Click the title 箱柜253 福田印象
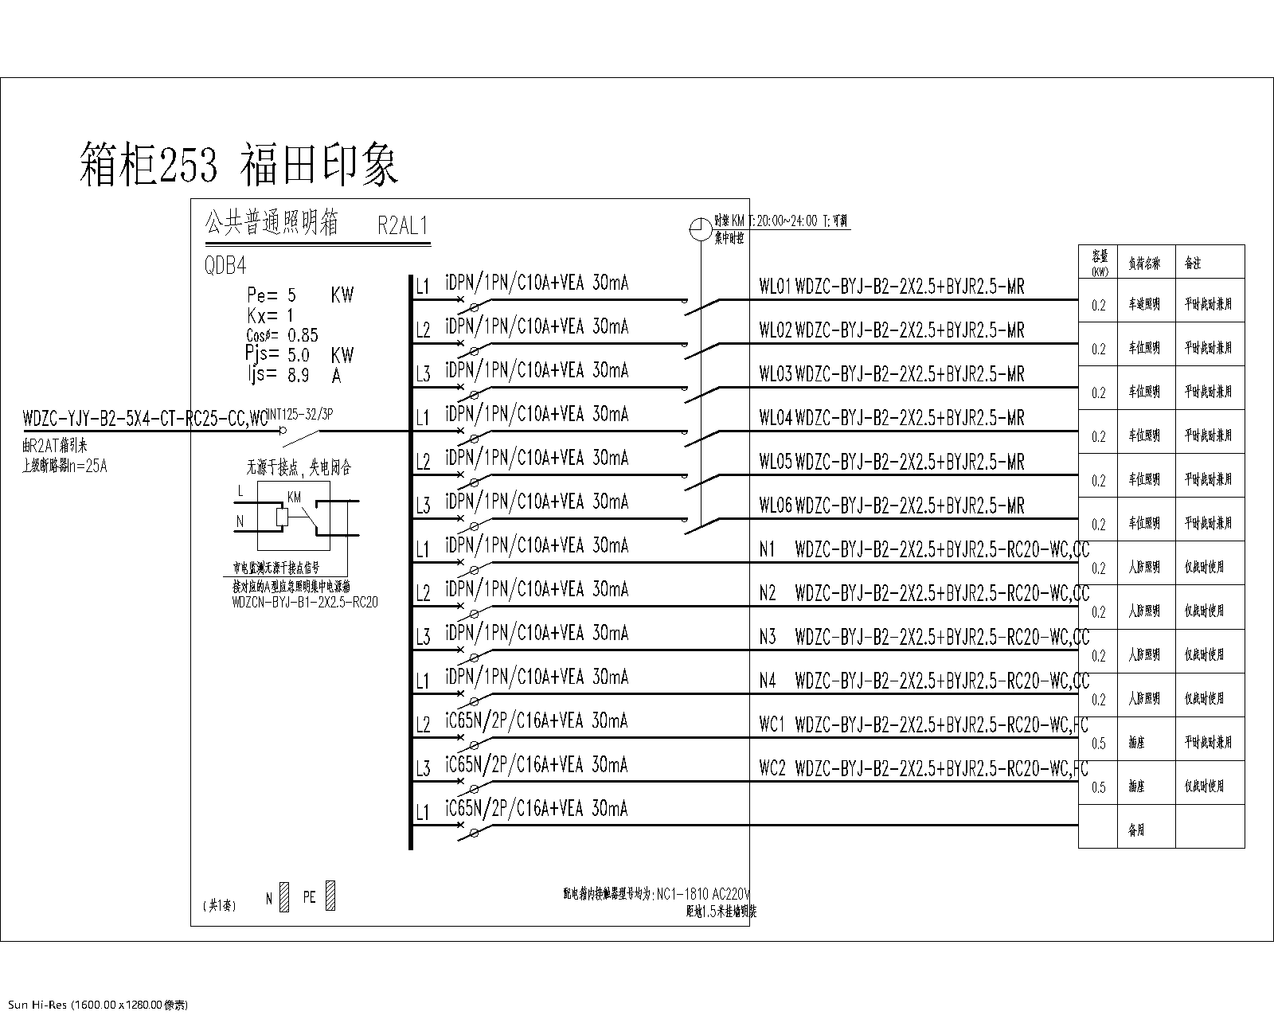click(239, 166)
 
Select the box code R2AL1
click(403, 227)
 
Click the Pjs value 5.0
click(299, 355)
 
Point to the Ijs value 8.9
click(299, 375)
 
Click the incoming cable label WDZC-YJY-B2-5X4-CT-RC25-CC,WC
click(146, 417)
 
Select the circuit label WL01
click(774, 287)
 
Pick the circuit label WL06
click(774, 506)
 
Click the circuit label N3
click(768, 637)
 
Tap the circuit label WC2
click(772, 768)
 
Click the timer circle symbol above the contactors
click(701, 229)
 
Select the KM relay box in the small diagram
click(282, 517)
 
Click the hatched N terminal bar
click(285, 897)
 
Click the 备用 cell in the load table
click(1136, 830)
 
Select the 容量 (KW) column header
click(1100, 261)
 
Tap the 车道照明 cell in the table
click(1144, 304)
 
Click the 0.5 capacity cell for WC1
click(1099, 744)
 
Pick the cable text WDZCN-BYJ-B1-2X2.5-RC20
click(305, 603)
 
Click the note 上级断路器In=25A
click(64, 467)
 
